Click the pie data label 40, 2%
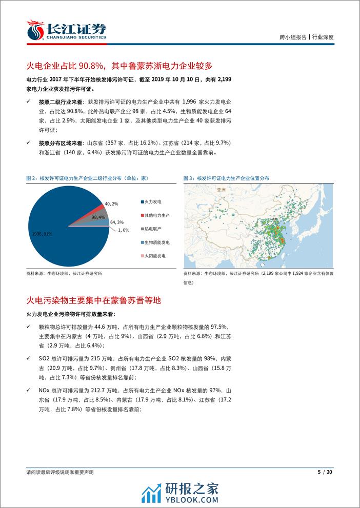[x=111, y=204]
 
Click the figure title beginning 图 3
[x=226, y=178]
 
